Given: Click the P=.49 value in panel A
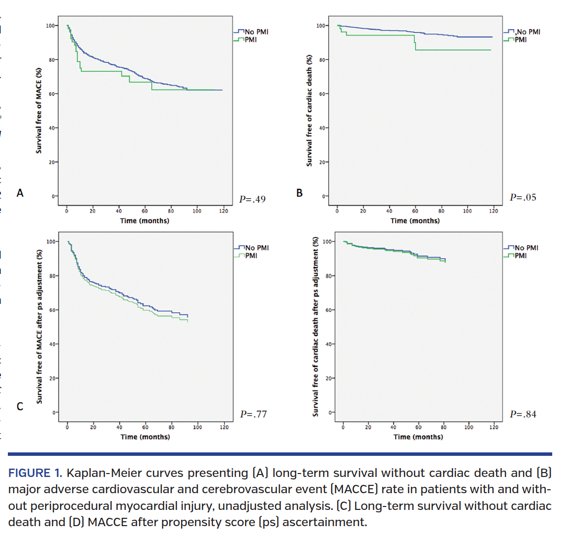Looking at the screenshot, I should pos(252,199).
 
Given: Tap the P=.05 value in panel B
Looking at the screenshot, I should pos(523,197).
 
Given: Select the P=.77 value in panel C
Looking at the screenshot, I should pos(253,414).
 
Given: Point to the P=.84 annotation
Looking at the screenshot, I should pos(523,414).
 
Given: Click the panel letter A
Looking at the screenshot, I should pos(20,193).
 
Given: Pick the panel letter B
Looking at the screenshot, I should pos(299,193).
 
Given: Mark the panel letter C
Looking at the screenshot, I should pos(20,406).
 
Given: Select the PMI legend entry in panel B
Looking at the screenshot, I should pos(520,40).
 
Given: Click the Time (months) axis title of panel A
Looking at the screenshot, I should pos(145,221).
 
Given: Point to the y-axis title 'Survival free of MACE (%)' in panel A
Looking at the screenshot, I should pos(39,110).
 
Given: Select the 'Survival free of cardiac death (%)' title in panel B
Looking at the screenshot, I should pos(309,110).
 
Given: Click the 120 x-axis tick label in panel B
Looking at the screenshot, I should pos(493,211).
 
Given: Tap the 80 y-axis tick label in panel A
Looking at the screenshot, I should pos(52,60).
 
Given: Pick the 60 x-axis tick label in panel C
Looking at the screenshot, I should pos(145,427).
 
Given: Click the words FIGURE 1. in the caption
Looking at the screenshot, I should pos(34,473).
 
